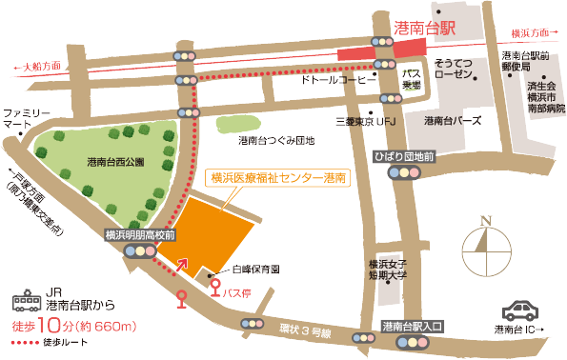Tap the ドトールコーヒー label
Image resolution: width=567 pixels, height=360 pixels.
tap(339, 82)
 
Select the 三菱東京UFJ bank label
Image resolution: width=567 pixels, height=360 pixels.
tap(366, 122)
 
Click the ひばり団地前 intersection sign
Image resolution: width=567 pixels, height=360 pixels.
tap(405, 155)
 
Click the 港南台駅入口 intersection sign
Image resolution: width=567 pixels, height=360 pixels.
tap(412, 326)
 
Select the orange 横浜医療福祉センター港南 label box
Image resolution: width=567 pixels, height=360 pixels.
tap(277, 177)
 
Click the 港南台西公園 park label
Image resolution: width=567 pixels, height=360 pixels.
tap(114, 162)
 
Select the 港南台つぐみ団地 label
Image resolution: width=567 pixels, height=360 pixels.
tap(276, 141)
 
